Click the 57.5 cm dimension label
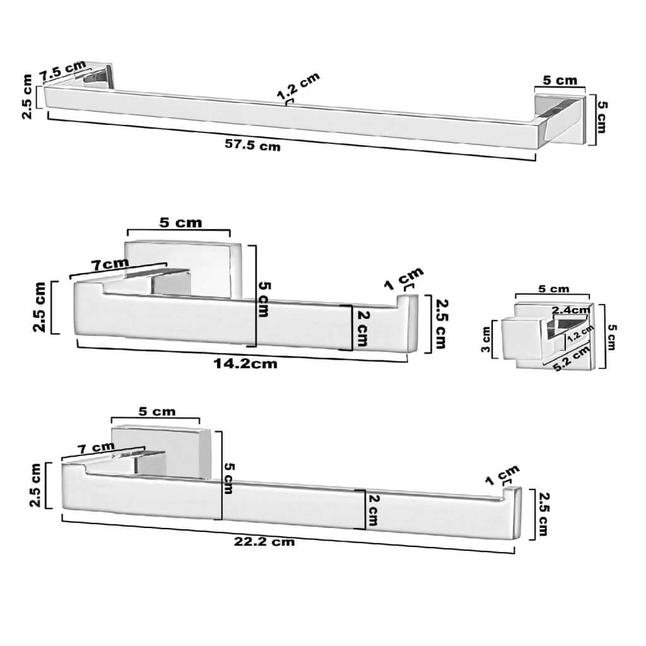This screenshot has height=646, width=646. point(252,145)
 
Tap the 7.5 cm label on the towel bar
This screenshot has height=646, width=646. point(63,71)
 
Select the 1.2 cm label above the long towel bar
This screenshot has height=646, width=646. point(298,86)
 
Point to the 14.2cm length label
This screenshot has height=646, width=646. point(245,363)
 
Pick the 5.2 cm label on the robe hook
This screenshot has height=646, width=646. point(572,358)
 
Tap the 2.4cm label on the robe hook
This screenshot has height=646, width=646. point(571,309)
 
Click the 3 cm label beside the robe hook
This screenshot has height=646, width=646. point(486,339)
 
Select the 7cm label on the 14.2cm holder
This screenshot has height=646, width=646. point(110,264)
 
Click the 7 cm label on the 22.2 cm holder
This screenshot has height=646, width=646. point(97,447)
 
